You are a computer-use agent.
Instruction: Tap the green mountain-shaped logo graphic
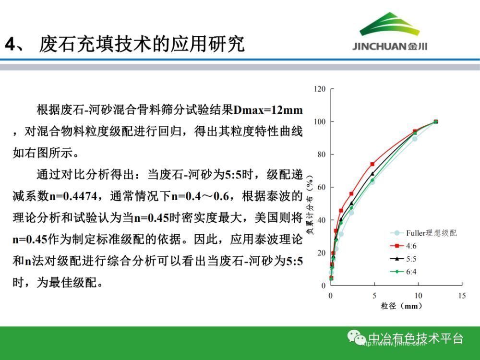tap(389, 24)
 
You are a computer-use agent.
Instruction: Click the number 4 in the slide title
tap(11, 44)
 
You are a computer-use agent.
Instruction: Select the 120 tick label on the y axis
tap(320, 89)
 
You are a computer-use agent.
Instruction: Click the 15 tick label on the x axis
tap(462, 295)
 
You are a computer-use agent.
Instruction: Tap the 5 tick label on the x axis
tap(374, 295)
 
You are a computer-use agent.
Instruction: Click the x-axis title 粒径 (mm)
tap(402, 305)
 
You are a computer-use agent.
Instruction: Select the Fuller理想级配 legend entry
tap(423, 233)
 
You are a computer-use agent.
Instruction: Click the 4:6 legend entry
tap(403, 246)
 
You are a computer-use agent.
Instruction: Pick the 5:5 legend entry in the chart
tap(403, 259)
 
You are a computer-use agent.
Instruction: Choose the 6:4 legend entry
tap(403, 272)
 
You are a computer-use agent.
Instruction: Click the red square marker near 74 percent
tap(372, 164)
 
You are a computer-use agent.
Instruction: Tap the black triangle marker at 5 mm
tap(372, 174)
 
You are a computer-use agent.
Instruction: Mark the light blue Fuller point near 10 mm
tap(415, 139)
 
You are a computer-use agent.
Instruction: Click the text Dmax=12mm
tap(268, 110)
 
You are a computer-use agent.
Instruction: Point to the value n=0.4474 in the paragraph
tap(73, 196)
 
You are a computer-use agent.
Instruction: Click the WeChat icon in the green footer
tap(356, 337)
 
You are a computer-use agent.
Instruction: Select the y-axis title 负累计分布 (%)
tap(310, 205)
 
